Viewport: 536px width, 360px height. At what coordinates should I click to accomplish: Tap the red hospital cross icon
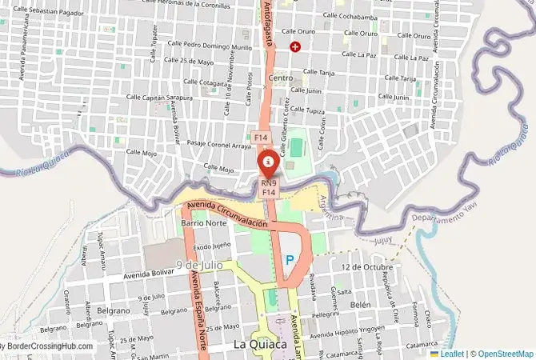pyautogui.click(x=296, y=47)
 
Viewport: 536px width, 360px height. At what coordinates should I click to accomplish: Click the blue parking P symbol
pyautogui.click(x=290, y=260)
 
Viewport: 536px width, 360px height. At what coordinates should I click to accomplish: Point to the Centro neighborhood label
pyautogui.click(x=281, y=78)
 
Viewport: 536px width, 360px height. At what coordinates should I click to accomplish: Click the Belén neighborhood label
pyautogui.click(x=361, y=305)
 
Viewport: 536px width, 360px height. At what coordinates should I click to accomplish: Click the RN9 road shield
pyautogui.click(x=269, y=183)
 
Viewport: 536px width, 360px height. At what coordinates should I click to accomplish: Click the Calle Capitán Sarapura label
pyautogui.click(x=161, y=98)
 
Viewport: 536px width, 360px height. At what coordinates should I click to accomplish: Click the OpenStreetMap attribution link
pyautogui.click(x=502, y=353)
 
